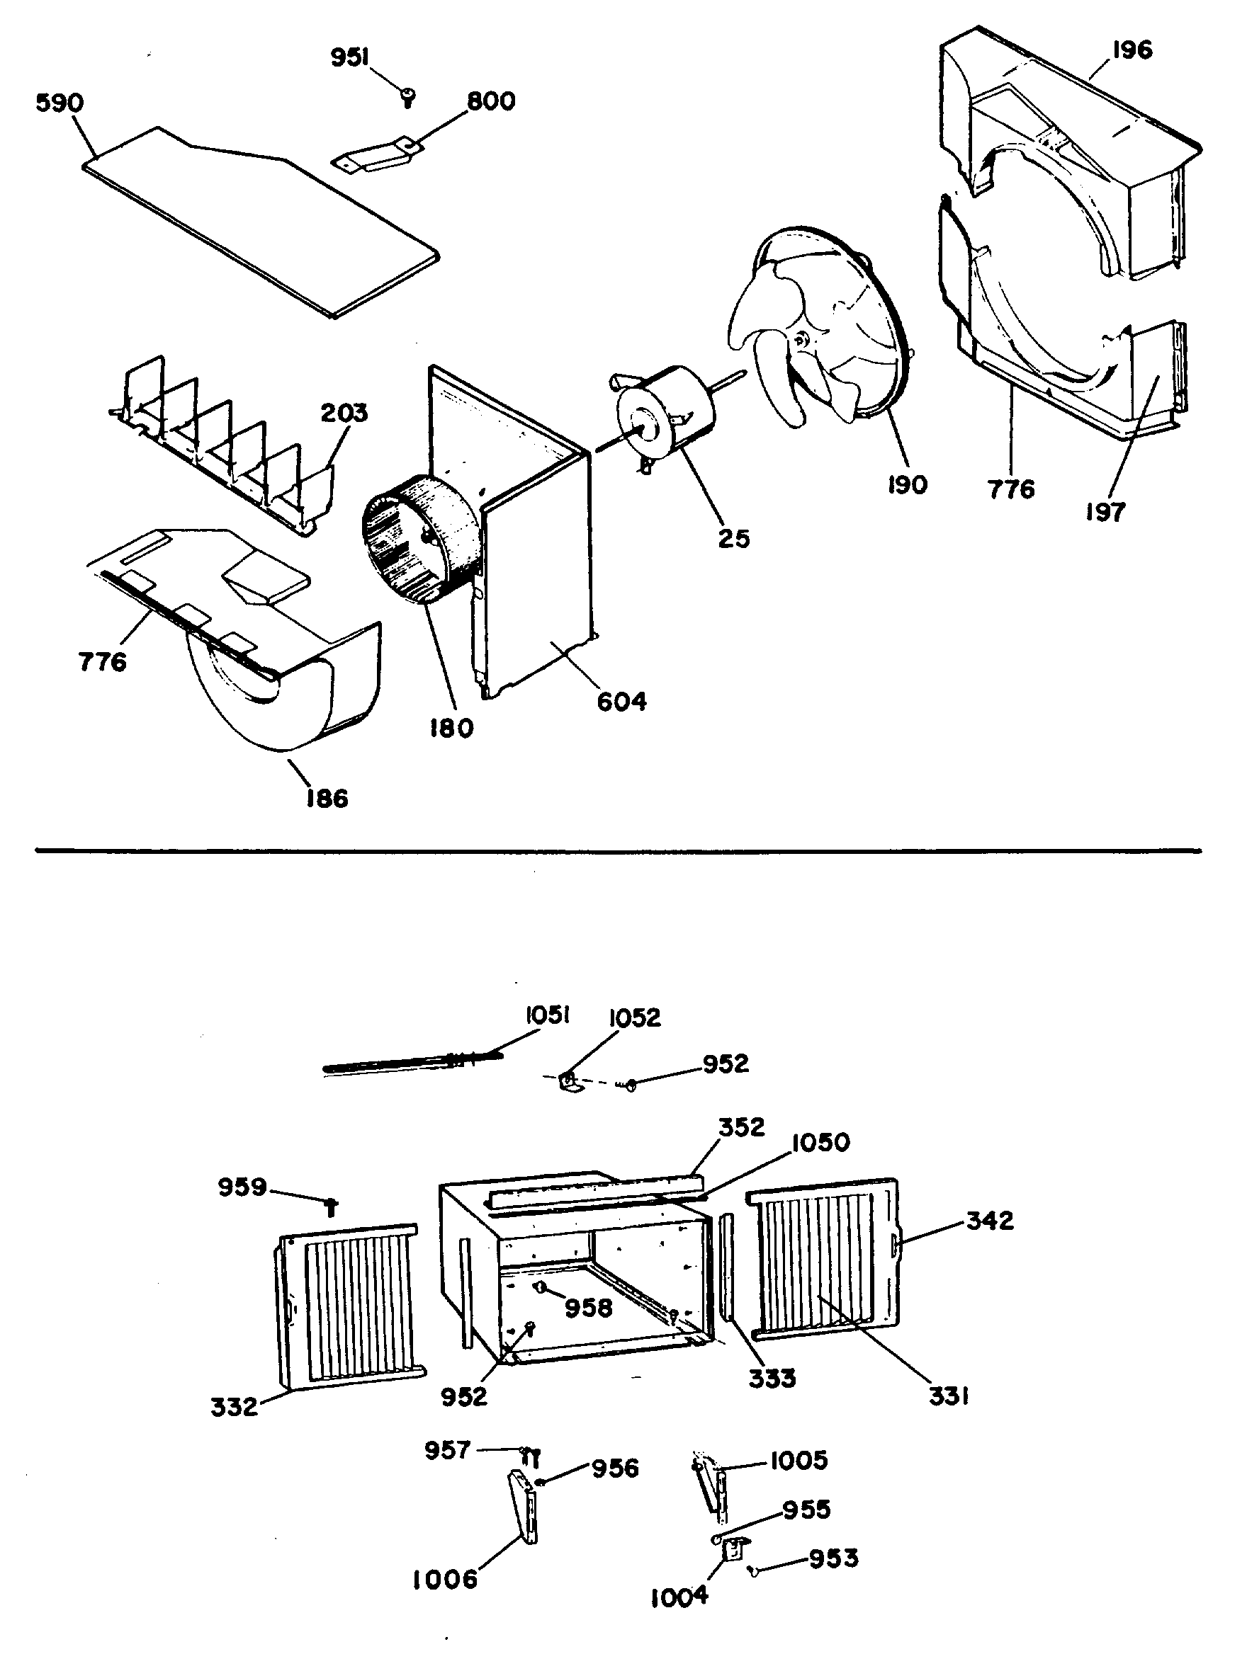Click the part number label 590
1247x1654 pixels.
click(60, 103)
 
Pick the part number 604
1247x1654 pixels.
click(621, 702)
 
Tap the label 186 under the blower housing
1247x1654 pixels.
click(326, 799)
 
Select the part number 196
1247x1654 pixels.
click(1132, 50)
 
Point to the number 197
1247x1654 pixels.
click(1105, 512)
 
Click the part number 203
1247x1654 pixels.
click(344, 413)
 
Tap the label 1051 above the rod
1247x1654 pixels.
click(548, 1015)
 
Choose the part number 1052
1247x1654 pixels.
click(634, 1017)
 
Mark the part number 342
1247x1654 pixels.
click(990, 1221)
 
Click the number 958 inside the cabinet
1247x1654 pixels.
click(589, 1308)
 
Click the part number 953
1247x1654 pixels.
click(833, 1558)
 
